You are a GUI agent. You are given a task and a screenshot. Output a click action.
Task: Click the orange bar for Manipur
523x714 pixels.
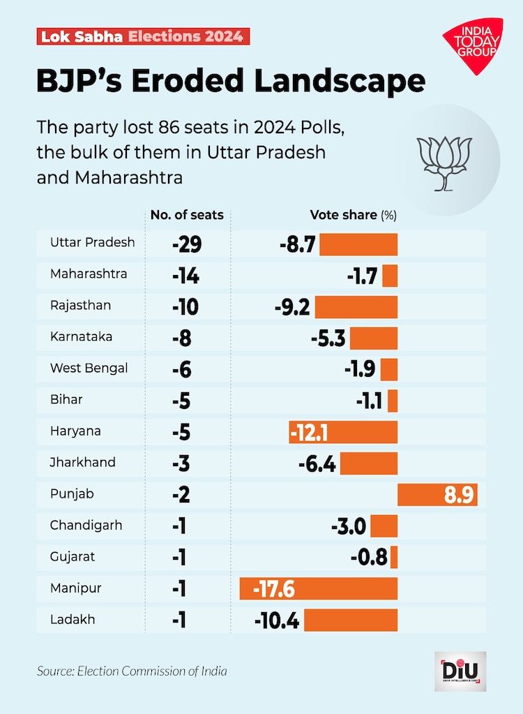pyautogui.click(x=318, y=588)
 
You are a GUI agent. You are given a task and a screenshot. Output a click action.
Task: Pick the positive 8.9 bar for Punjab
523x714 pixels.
pyautogui.click(x=437, y=495)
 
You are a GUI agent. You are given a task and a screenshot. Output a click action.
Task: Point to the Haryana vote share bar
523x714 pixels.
pyautogui.click(x=343, y=432)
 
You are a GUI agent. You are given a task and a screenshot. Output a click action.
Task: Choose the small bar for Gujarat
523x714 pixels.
pyautogui.click(x=394, y=557)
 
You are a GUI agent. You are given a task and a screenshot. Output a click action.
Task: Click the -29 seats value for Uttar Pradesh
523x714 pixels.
pyautogui.click(x=185, y=244)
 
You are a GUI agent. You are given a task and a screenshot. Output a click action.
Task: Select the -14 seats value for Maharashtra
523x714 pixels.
pyautogui.click(x=185, y=276)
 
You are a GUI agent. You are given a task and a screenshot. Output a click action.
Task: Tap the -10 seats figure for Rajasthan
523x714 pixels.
pyautogui.click(x=185, y=307)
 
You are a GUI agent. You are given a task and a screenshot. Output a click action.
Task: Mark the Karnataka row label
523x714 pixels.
pyautogui.click(x=82, y=336)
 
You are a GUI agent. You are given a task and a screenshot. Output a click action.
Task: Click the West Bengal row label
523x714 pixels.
pyautogui.click(x=89, y=368)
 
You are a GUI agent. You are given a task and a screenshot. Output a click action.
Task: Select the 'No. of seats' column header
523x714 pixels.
pyautogui.click(x=187, y=215)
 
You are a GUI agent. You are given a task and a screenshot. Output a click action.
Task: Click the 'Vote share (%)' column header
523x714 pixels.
pyautogui.click(x=353, y=215)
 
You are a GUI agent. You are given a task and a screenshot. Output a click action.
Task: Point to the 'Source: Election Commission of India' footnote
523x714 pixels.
pyautogui.click(x=132, y=671)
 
